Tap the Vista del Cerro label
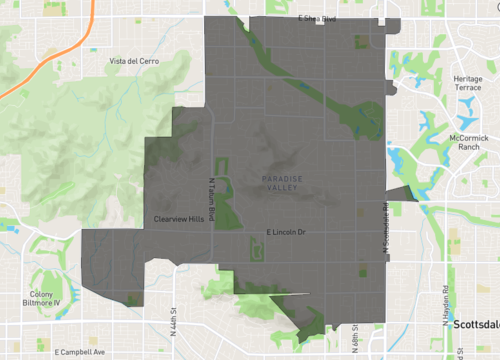134,62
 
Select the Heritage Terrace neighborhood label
468,83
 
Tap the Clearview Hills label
179,218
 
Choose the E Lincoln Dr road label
285,233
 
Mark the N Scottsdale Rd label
384,214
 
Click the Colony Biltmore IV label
45,298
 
